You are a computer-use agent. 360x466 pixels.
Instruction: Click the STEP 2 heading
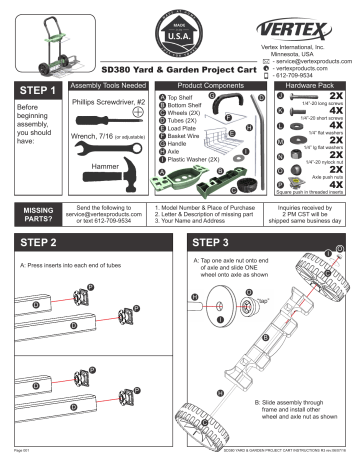[x=43, y=243]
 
